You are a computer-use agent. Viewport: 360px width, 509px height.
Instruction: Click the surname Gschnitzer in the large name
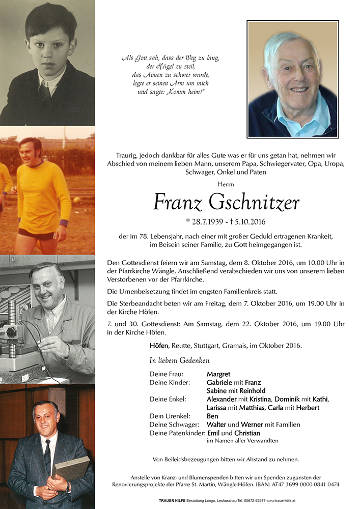[x=254, y=203]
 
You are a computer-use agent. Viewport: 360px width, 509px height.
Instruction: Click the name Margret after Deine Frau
[x=218, y=374]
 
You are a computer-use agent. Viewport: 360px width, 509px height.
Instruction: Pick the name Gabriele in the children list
[x=221, y=382]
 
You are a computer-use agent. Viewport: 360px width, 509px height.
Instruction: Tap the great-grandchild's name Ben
[x=212, y=416]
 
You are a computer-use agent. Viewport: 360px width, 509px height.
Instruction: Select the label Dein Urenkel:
[x=170, y=416]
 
